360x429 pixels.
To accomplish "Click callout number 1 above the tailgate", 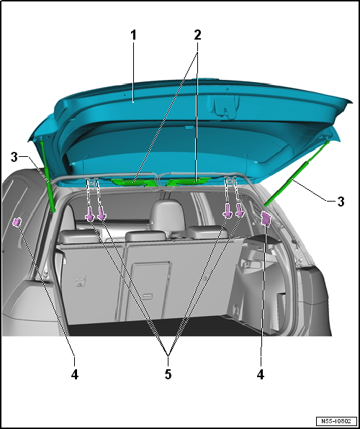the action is tap(133, 35).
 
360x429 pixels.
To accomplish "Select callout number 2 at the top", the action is tap(197, 35).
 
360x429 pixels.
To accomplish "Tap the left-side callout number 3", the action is tap(14, 158).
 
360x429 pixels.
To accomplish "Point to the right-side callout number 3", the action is tap(341, 202).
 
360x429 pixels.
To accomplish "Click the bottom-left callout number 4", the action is tap(75, 374).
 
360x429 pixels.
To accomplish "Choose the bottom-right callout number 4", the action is tap(261, 374).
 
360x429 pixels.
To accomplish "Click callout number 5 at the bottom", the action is tap(168, 374).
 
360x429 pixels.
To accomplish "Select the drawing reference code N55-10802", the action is tap(336, 421).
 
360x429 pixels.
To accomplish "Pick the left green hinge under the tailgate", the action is tap(133, 182).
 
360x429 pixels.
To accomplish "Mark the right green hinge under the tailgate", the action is tap(189, 181).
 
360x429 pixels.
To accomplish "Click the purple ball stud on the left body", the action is tap(17, 222).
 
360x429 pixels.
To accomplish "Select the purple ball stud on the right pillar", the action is tap(266, 219).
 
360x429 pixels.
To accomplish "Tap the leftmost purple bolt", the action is tap(89, 214).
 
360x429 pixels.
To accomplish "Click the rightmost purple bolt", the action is tap(240, 210).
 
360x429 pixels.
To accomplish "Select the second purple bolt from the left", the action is tap(102, 214).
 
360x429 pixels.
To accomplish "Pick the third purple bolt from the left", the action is tap(228, 211).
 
